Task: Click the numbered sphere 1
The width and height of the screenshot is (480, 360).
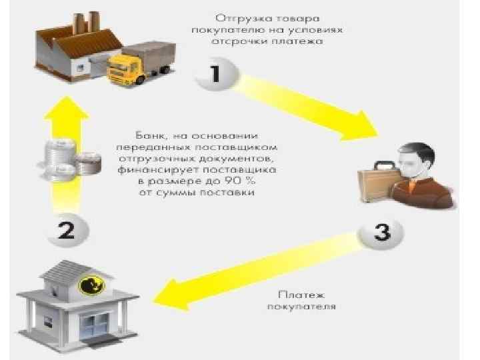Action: [x=215, y=74]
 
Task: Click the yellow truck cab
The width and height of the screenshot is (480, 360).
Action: [x=126, y=67]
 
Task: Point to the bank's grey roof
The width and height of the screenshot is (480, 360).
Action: [x=73, y=270]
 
